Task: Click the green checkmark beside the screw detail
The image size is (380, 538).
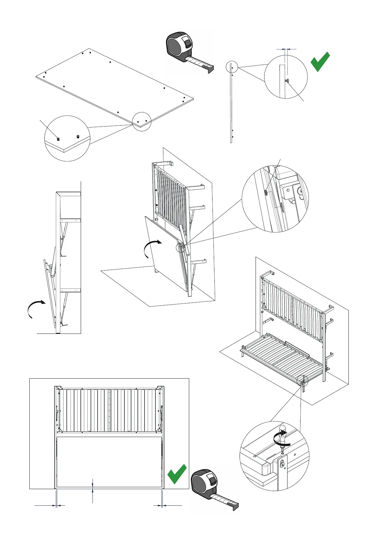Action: tap(320, 62)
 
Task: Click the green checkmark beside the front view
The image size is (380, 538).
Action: tap(177, 474)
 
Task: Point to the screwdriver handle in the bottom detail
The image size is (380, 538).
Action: tap(282, 431)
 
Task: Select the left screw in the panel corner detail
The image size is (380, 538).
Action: tap(58, 138)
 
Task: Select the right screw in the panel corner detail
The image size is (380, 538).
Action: tap(78, 136)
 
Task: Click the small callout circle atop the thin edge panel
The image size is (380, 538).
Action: tap(232, 67)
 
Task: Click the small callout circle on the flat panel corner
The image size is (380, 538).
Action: tap(142, 121)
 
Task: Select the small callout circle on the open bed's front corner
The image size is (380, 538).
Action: tap(302, 380)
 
